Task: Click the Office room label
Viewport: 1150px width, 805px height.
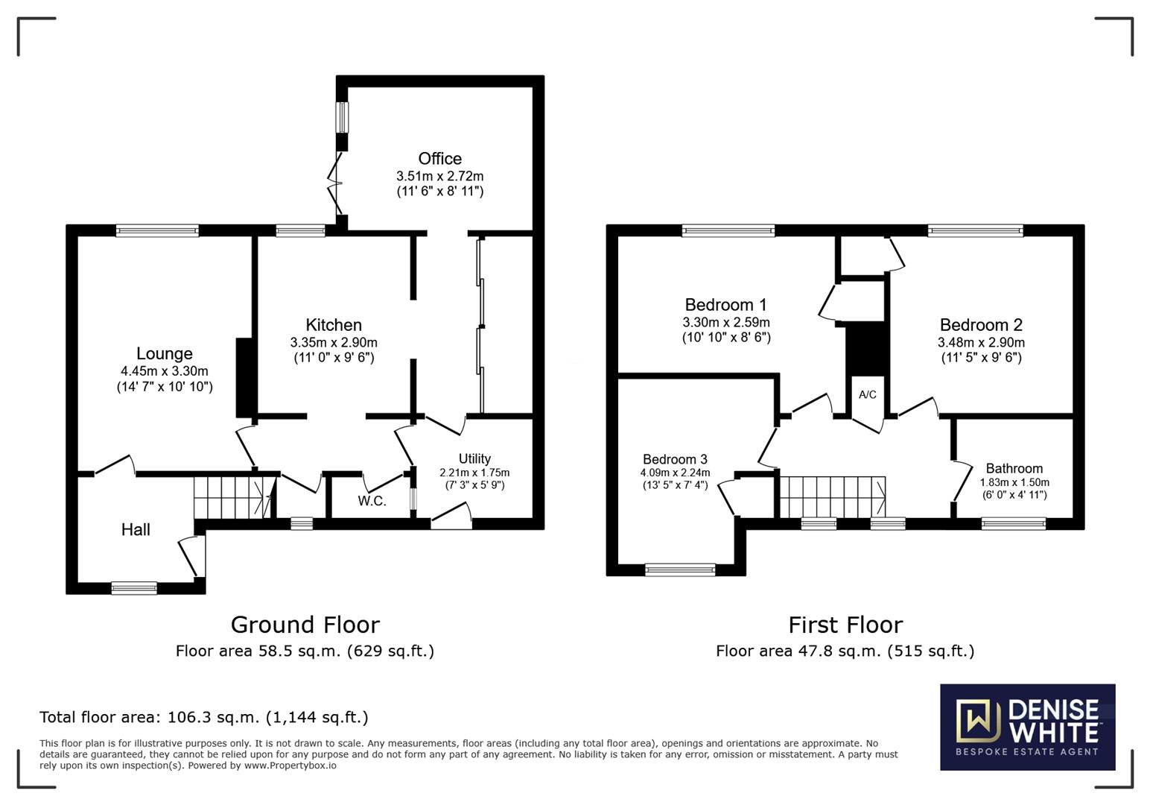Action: [x=439, y=158]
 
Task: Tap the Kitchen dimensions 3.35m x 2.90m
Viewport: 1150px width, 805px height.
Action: [x=334, y=342]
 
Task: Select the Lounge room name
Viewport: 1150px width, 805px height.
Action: [x=165, y=353]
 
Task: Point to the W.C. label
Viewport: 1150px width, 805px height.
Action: [x=372, y=501]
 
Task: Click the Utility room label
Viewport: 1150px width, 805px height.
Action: [x=474, y=458]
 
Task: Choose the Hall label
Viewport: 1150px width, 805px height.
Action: [x=136, y=530]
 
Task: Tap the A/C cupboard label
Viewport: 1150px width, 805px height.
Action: [x=868, y=394]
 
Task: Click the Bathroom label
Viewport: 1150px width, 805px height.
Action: [x=1014, y=469]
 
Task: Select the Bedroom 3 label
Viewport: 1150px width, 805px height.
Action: [x=675, y=459]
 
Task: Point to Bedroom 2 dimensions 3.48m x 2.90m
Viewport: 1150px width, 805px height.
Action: [x=981, y=342]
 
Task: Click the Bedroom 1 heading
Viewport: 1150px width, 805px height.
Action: [x=726, y=305]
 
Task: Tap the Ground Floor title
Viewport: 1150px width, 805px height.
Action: [x=305, y=625]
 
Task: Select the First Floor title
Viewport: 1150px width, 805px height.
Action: [x=845, y=625]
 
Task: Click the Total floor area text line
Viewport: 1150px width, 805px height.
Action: [x=204, y=717]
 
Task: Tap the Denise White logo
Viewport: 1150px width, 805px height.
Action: [x=1028, y=727]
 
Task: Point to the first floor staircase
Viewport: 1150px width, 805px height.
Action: [x=833, y=496]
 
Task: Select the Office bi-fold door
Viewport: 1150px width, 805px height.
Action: [x=334, y=183]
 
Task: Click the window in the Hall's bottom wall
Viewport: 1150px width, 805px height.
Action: [x=134, y=588]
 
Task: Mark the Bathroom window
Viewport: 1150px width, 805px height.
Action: [x=1014, y=524]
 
